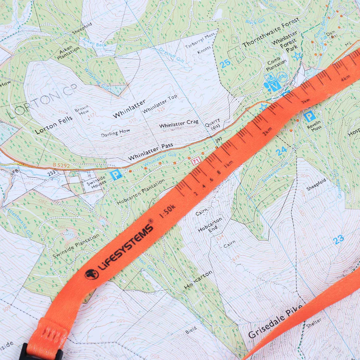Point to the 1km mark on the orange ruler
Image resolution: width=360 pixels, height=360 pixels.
227,162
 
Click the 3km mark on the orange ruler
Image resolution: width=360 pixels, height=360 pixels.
305,100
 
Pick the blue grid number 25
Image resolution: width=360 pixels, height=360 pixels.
225,63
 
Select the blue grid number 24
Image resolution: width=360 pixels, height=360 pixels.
281,151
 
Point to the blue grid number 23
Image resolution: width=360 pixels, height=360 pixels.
338,238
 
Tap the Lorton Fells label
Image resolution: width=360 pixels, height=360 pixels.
53,118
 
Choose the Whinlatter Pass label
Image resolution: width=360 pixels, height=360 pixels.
150,152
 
